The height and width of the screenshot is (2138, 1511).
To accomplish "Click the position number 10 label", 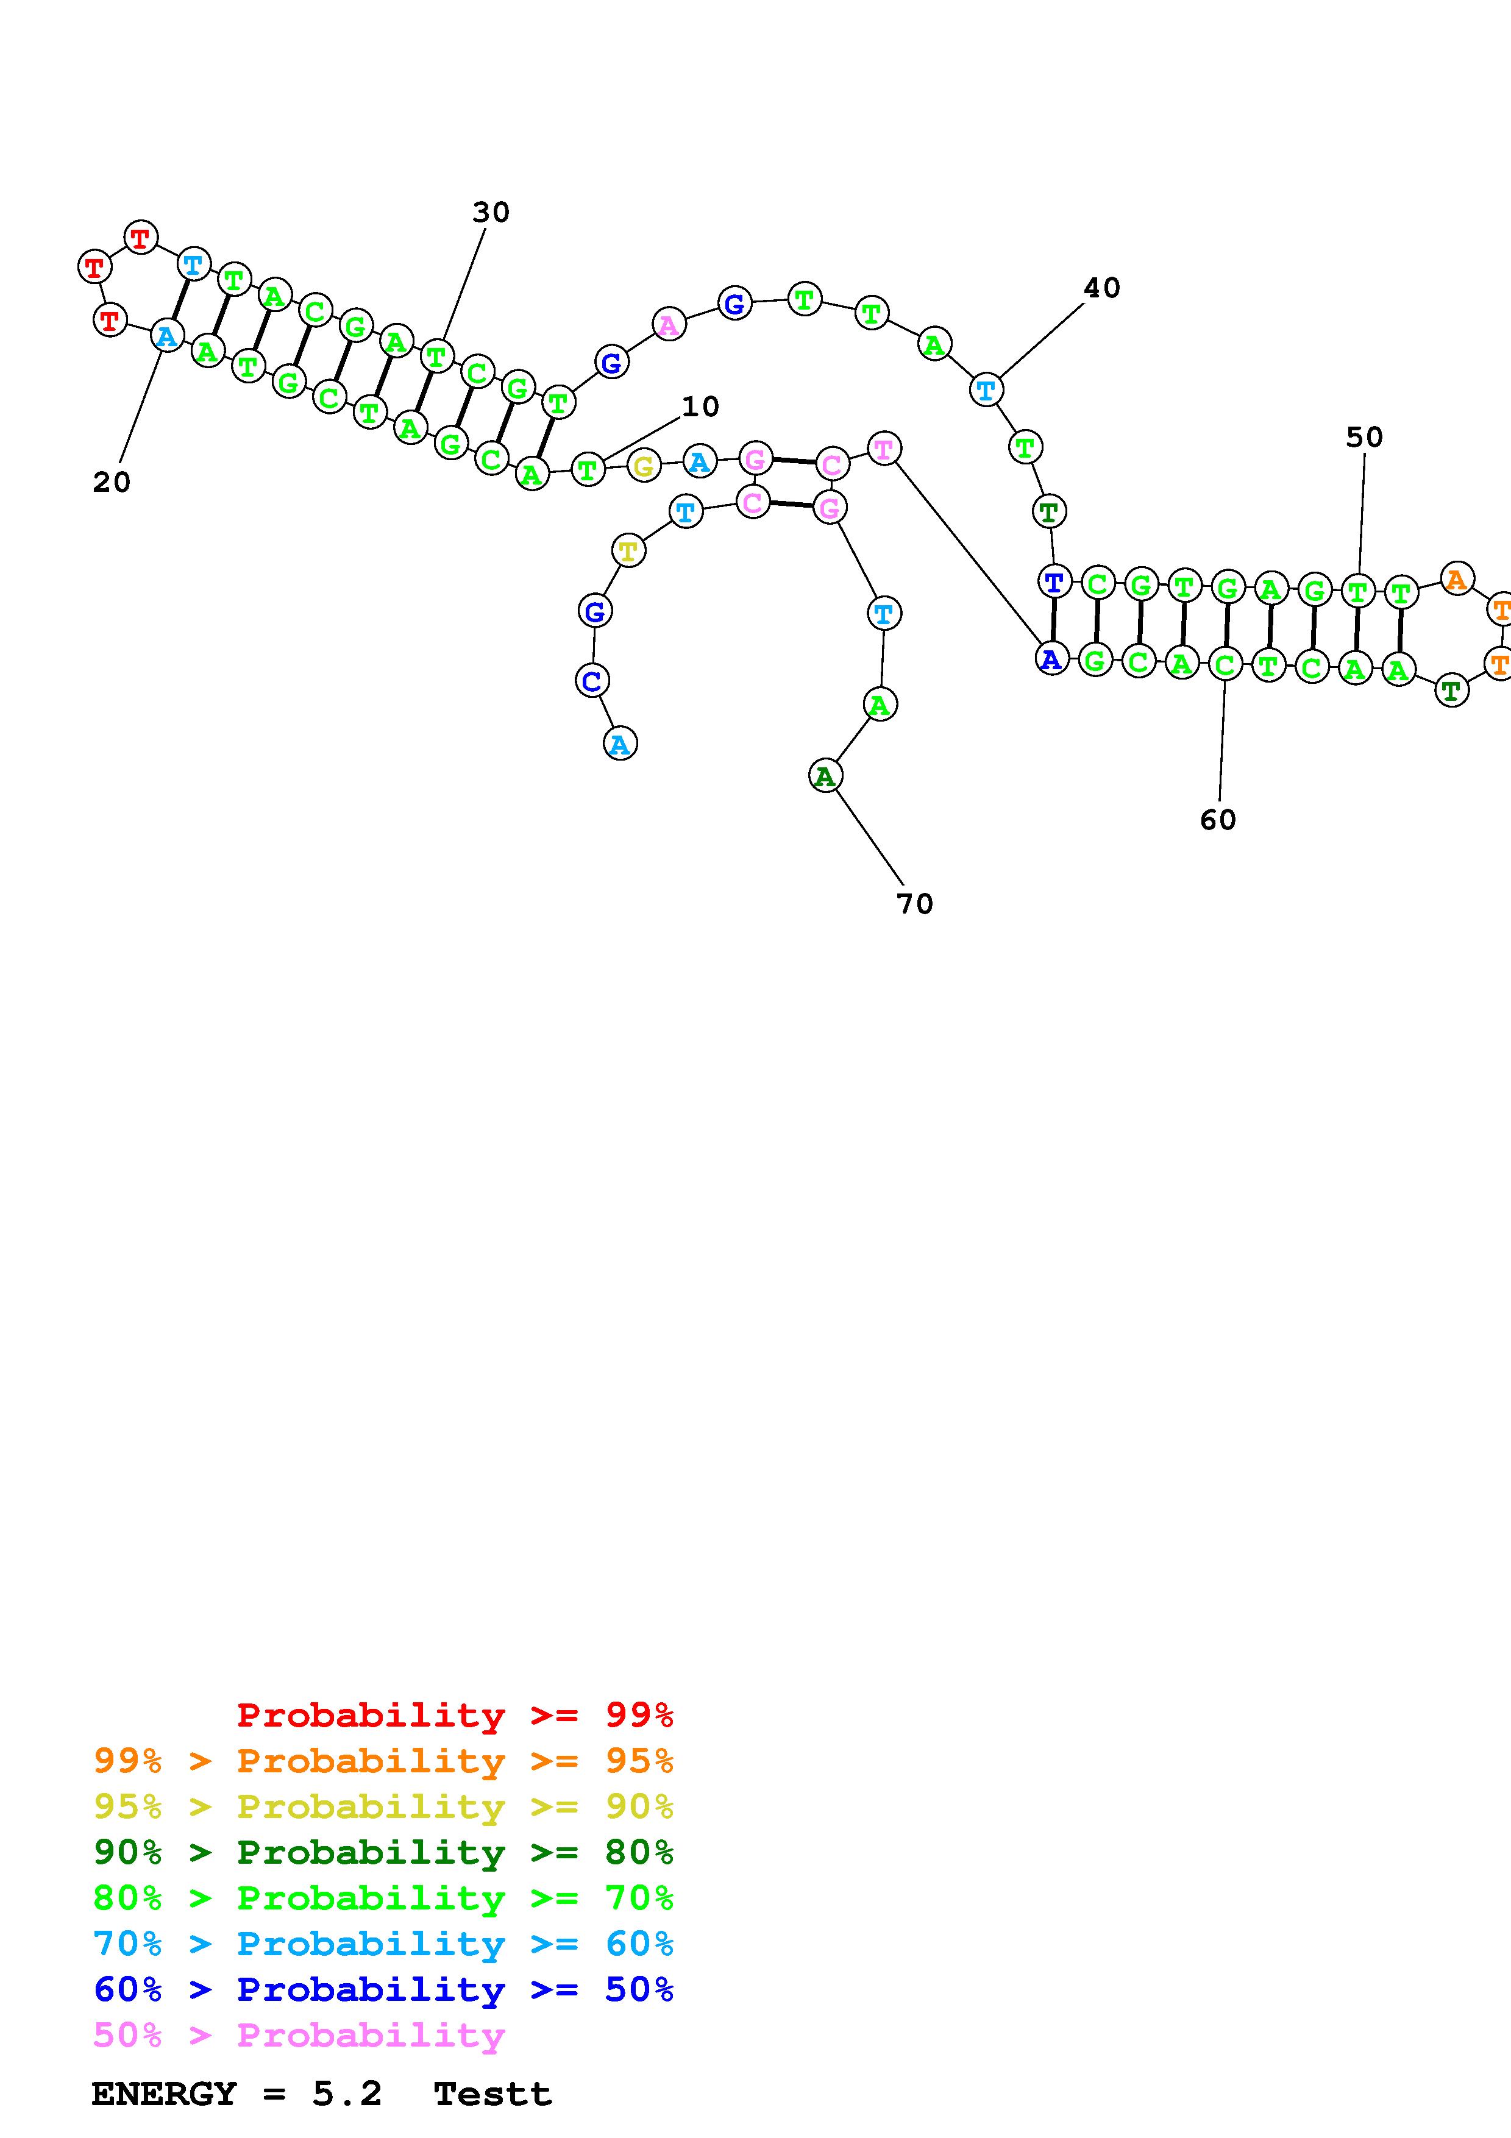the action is click(700, 407).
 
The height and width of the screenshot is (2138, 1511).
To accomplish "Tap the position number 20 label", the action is click(112, 482).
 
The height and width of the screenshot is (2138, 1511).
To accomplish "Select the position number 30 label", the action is click(491, 213).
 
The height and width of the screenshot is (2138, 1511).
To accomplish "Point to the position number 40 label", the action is click(1101, 289).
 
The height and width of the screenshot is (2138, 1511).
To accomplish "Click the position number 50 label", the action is click(1365, 438).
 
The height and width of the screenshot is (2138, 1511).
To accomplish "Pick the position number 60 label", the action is click(1218, 820).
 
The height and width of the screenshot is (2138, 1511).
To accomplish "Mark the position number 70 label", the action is click(914, 904).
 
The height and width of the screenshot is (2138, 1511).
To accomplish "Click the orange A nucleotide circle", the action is click(1457, 579).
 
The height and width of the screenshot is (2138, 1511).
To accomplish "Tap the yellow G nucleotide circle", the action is click(643, 466).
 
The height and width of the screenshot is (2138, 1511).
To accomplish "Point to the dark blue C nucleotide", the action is click(592, 681).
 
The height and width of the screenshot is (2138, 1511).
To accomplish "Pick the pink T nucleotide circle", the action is click(884, 449).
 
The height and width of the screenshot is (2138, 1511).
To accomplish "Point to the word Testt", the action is click(492, 2094).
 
